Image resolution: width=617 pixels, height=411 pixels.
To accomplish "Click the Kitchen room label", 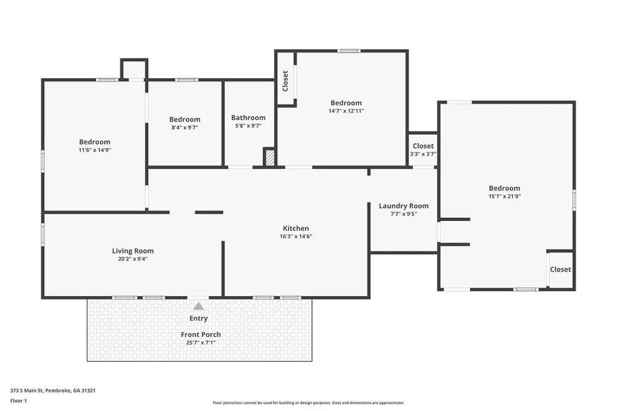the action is (x=296, y=228).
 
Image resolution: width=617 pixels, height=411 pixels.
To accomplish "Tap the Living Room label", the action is (x=133, y=251).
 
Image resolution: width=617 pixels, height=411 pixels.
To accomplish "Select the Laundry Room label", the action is (x=404, y=206).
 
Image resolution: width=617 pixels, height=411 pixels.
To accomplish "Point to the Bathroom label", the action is (x=248, y=118).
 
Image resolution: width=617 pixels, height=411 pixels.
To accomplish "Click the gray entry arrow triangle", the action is (x=199, y=306).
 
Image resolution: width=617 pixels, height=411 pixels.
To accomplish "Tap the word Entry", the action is (x=199, y=318).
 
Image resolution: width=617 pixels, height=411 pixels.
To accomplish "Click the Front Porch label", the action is (x=201, y=334).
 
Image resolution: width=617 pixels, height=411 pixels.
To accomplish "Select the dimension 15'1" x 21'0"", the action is (x=505, y=196).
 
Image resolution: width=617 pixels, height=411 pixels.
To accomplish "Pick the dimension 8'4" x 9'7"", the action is (x=184, y=127).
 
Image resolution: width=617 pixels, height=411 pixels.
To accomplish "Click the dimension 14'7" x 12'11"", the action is (x=346, y=111).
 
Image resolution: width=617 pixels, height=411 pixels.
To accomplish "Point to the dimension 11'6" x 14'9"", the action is (x=95, y=150).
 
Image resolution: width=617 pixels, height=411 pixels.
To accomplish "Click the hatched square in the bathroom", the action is (x=270, y=157).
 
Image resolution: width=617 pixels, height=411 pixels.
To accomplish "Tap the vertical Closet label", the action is (x=285, y=81).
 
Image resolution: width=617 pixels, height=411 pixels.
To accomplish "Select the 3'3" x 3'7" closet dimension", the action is (x=423, y=154).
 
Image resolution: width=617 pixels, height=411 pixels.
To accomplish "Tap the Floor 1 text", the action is (x=19, y=401).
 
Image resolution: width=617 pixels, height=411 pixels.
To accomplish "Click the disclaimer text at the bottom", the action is (x=308, y=403).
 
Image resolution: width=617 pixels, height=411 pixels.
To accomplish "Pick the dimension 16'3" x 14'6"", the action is (x=296, y=236).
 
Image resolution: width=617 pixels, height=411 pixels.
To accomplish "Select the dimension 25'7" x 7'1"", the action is (x=201, y=342).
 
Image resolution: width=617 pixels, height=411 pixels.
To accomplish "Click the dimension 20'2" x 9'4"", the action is (x=133, y=259).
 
